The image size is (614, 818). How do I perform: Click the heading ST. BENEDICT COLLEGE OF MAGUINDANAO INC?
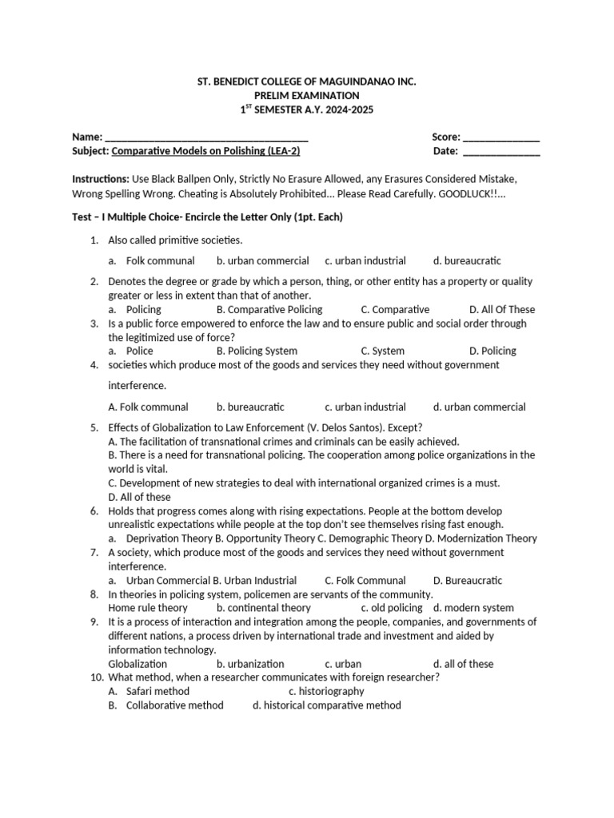[x=307, y=81]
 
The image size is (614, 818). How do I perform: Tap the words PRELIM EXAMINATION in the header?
[x=307, y=95]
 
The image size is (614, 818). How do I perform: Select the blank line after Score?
[x=501, y=137]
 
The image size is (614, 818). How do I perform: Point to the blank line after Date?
[x=501, y=150]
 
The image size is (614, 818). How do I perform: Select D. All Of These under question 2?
[x=502, y=309]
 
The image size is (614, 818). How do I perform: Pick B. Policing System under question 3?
[x=257, y=351]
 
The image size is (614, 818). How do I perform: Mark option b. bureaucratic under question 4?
[x=250, y=407]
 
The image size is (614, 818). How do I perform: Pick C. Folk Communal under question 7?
[x=365, y=580]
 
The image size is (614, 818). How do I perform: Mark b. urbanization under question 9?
[x=250, y=664]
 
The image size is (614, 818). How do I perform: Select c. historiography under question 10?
[x=326, y=691]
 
